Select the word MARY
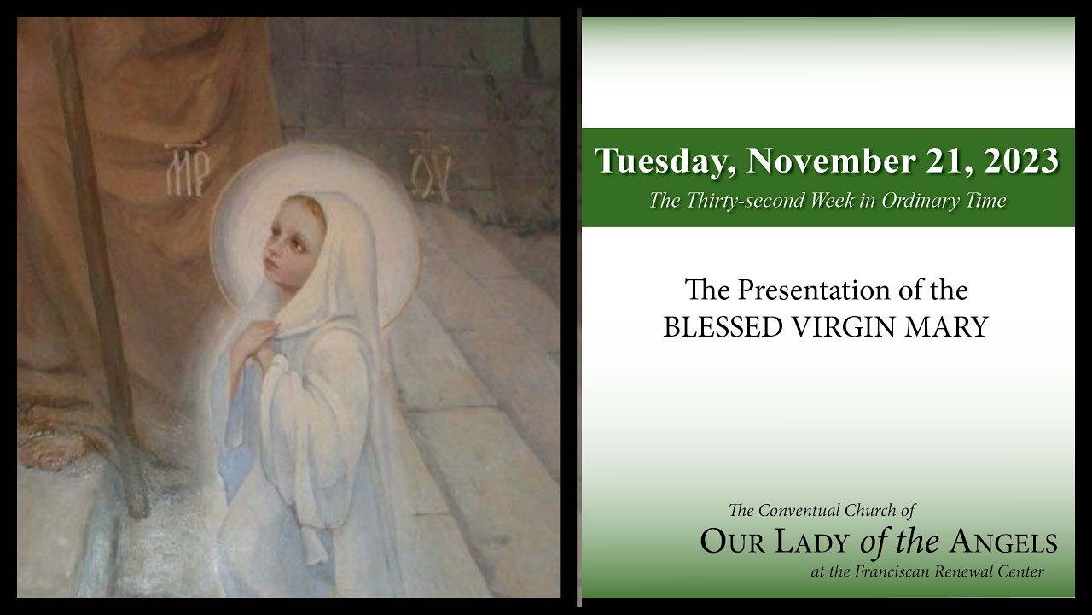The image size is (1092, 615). pos(951,326)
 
